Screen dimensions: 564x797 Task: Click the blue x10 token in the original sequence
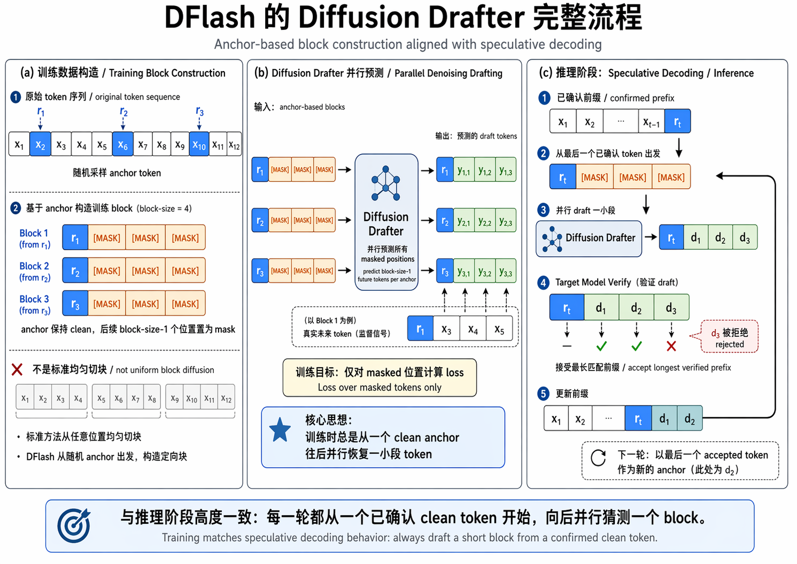(x=199, y=144)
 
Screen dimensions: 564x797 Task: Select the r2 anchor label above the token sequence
(x=123, y=112)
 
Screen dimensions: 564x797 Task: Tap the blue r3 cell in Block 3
(x=75, y=304)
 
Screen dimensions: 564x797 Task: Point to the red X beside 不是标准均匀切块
(x=17, y=369)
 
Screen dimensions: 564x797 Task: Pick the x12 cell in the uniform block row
(x=226, y=399)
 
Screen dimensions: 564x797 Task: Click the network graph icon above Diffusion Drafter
(x=385, y=183)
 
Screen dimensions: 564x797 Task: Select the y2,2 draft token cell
(x=485, y=220)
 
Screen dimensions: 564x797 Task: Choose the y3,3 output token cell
(x=506, y=272)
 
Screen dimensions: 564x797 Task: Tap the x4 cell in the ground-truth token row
(x=473, y=329)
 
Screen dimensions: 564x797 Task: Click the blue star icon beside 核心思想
(x=280, y=430)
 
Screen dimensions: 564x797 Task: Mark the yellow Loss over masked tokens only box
(x=380, y=378)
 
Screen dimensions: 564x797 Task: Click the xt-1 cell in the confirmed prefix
(x=651, y=121)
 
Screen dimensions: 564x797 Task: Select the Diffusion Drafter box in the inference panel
(x=589, y=238)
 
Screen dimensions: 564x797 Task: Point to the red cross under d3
(x=671, y=346)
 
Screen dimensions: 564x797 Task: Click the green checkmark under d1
(x=601, y=346)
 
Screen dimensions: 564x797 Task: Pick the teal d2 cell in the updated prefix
(x=690, y=419)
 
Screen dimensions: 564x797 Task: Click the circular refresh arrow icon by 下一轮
(x=598, y=458)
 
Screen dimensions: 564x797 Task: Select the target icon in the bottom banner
(x=74, y=526)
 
